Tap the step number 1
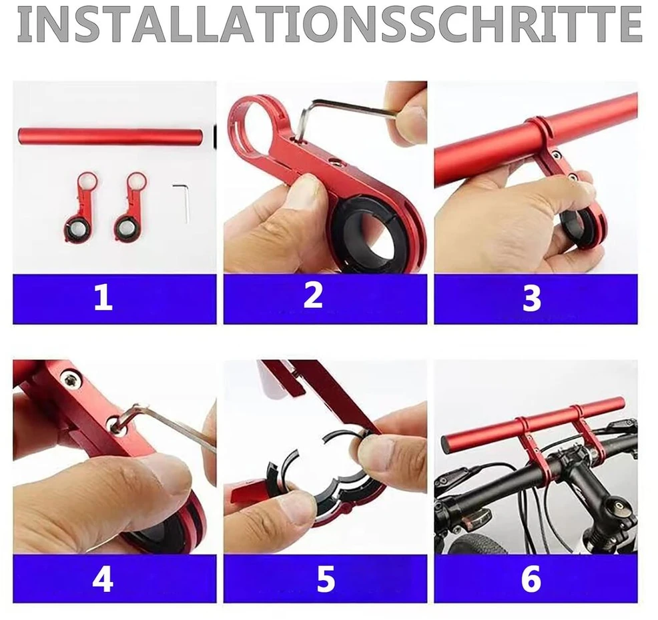(x=103, y=297)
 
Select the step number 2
(x=313, y=295)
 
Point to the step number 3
(x=532, y=298)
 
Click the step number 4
(x=103, y=580)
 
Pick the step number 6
(x=531, y=580)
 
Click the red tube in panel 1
(x=110, y=135)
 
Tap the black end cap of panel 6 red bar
(x=446, y=445)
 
